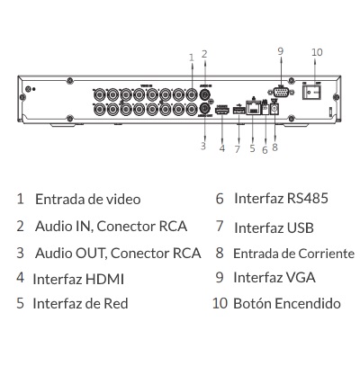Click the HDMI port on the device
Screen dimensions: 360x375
pyautogui.click(x=222, y=111)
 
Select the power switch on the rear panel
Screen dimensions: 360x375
pyautogui.click(x=311, y=92)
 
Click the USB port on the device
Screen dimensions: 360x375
pyautogui.click(x=238, y=111)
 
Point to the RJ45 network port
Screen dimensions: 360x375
pyautogui.click(x=253, y=108)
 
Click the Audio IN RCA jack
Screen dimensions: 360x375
pyautogui.click(x=205, y=94)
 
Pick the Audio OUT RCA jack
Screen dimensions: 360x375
pyautogui.click(x=205, y=108)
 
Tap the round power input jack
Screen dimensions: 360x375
pyautogui.click(x=274, y=109)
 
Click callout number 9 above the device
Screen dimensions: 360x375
pyautogui.click(x=281, y=51)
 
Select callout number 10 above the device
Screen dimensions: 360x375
pyautogui.click(x=317, y=52)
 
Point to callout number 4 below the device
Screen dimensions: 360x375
pyautogui.click(x=222, y=148)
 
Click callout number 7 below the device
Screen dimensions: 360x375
pyautogui.click(x=238, y=149)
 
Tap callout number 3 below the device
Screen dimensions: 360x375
pyautogui.click(x=203, y=147)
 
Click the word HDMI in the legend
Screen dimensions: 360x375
pyautogui.click(x=104, y=279)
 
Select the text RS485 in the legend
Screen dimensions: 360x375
pyautogui.click(x=308, y=199)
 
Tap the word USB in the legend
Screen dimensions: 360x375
pyautogui.click(x=301, y=228)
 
